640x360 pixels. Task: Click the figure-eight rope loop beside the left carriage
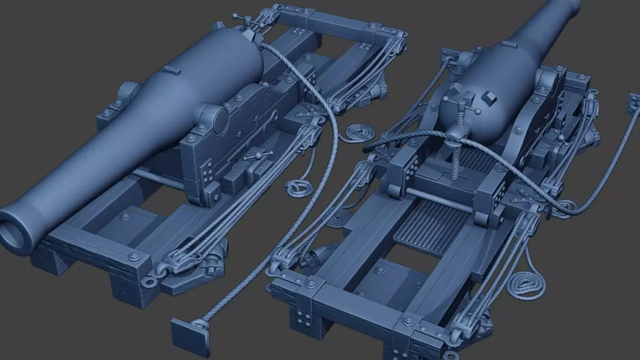(x=297, y=188)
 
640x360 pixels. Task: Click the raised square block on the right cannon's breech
(x=489, y=98)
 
